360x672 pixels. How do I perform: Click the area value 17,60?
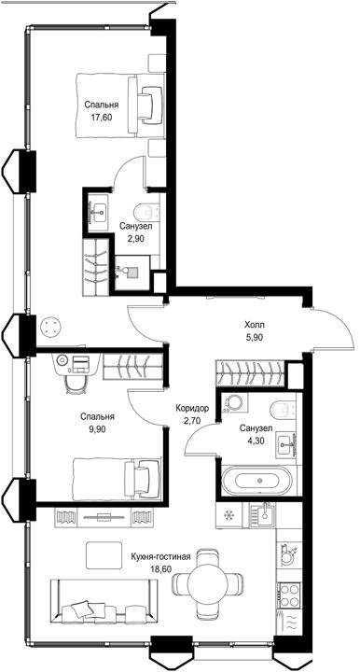tap(101, 118)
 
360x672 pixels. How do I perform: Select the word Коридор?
tap(192, 409)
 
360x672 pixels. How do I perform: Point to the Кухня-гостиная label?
tap(160, 557)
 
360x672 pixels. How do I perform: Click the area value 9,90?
tap(97, 429)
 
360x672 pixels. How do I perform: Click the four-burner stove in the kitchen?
tap(289, 595)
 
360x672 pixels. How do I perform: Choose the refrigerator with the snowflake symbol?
tap(229, 514)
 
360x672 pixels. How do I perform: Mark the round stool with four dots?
tap(51, 328)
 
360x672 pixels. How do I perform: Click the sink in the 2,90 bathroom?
tap(99, 210)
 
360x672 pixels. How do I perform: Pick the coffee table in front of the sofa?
tap(104, 555)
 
